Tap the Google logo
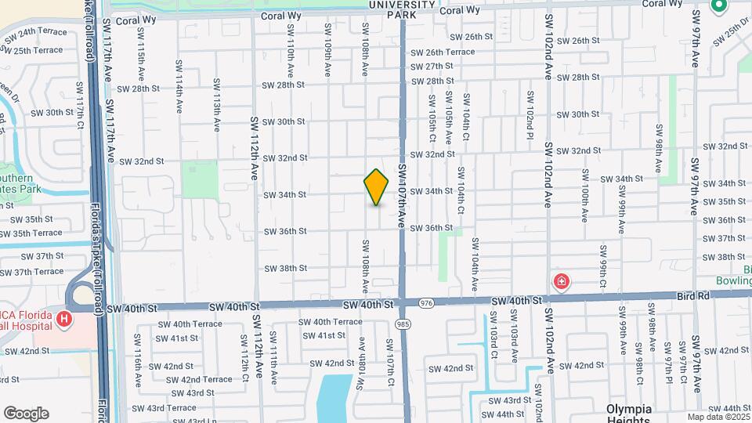pyautogui.click(x=26, y=414)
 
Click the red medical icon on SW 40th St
pyautogui.click(x=561, y=281)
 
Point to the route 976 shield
pyautogui.click(x=426, y=302)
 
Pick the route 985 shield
pyautogui.click(x=403, y=323)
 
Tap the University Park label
pyautogui.click(x=403, y=8)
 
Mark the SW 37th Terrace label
pyautogui.click(x=31, y=272)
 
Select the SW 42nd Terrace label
pyautogui.click(x=195, y=379)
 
